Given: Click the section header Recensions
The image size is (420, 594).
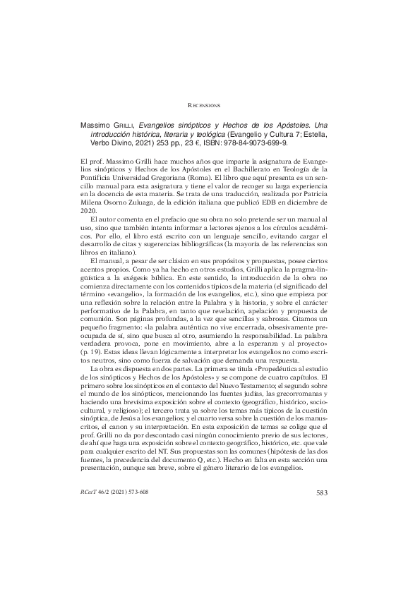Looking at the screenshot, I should pos(210,104).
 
